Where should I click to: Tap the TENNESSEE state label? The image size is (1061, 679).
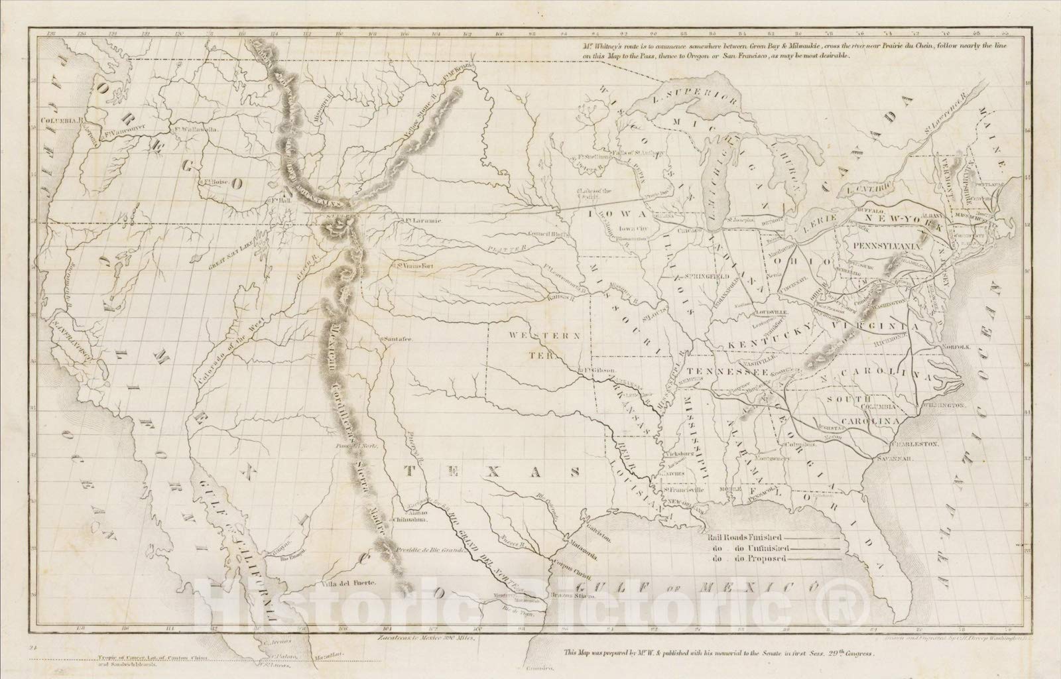point(733,373)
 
